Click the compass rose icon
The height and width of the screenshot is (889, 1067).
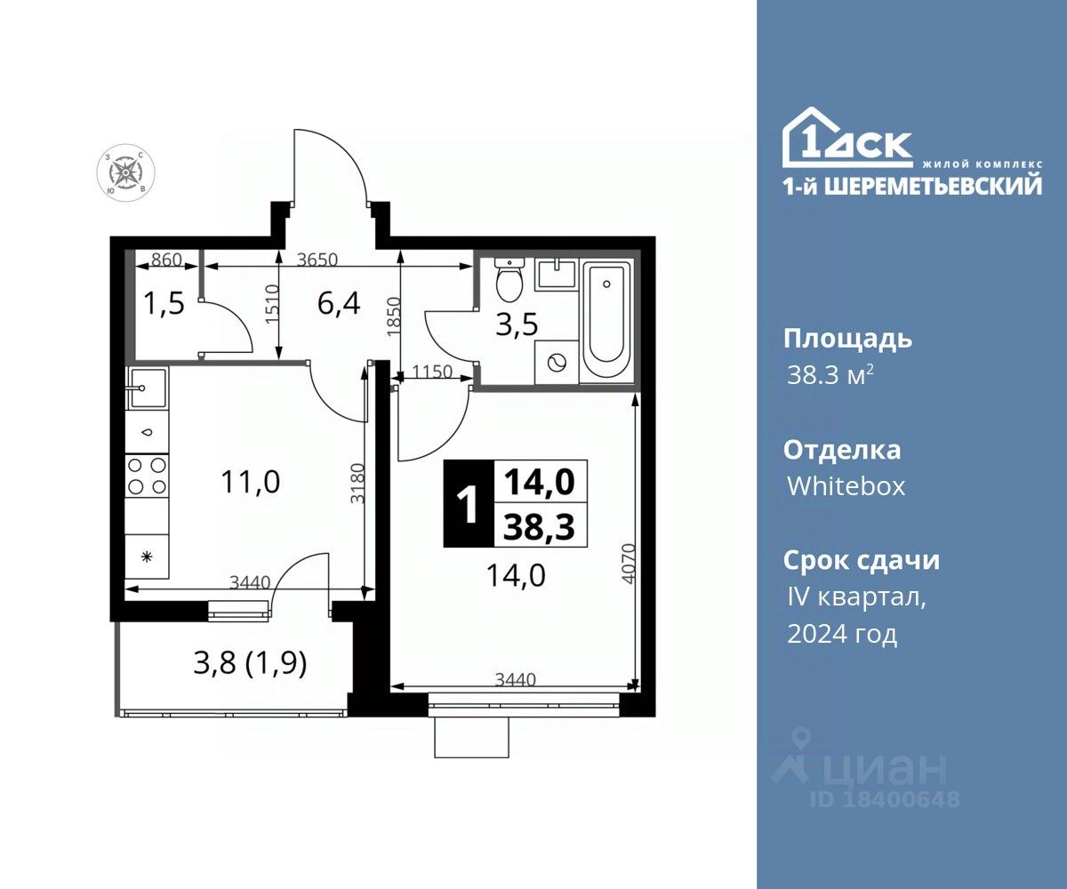coord(125,172)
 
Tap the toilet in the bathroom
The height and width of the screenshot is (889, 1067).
coord(509,282)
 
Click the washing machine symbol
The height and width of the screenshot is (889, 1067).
coord(557,363)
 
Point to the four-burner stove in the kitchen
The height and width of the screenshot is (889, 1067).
coord(148,476)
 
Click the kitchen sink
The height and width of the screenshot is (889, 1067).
coord(148,388)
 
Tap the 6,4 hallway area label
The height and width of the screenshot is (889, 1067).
coord(339,303)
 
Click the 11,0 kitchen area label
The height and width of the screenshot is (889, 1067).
coord(251,482)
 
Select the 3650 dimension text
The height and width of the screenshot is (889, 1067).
coord(317,260)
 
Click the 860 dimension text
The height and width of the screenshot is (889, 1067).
coord(166,260)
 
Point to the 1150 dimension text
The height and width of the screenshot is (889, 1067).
coord(432,372)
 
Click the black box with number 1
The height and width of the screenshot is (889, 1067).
coord(469,504)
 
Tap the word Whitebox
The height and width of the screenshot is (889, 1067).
coord(846,486)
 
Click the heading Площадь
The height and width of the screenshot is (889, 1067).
coord(847,340)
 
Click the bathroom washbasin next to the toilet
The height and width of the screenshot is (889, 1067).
coord(556,274)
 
